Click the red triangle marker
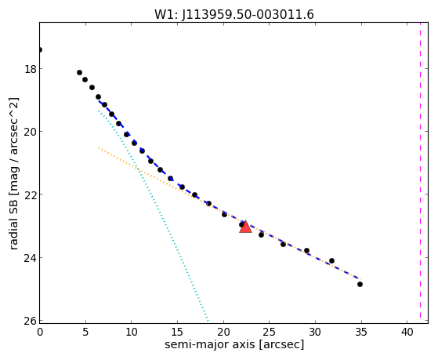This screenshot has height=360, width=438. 245,227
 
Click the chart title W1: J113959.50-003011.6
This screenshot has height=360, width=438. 234,14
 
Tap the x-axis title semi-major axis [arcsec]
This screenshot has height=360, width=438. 234,344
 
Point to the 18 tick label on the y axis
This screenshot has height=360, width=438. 31,69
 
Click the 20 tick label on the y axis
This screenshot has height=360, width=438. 31,132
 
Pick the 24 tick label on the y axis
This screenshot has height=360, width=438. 31,257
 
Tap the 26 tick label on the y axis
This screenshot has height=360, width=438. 31,321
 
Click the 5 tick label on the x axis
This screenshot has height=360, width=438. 85,333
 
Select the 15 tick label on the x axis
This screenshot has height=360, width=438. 177,333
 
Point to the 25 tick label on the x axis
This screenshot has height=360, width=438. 270,333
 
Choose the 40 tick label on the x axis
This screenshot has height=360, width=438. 407,333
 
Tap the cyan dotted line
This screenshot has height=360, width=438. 153,216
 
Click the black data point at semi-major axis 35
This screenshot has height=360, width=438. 360,284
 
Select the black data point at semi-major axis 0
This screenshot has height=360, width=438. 40,49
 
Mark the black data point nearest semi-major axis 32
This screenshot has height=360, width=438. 331,260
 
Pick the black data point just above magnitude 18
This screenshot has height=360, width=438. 79,72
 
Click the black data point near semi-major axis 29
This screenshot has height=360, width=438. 306,250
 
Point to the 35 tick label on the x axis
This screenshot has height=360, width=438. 361,333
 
